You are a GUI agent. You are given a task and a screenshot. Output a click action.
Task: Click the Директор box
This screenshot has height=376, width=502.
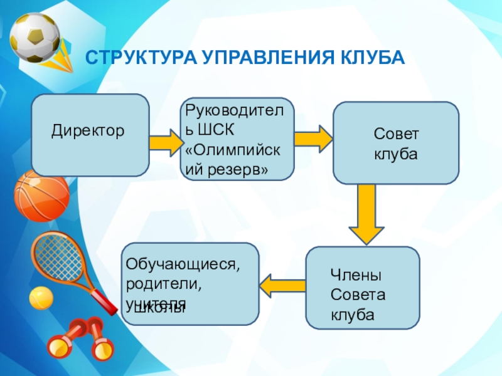pos(90,135)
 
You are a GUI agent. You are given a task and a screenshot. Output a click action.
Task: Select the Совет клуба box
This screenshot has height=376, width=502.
pos(395,143)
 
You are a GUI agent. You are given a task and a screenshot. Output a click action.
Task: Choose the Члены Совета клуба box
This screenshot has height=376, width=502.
pos(363,288)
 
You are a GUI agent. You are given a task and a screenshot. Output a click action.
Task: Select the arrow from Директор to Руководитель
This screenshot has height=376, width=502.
pos(165,142)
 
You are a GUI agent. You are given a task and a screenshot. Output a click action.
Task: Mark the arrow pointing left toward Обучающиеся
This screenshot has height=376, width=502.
pos(282,286)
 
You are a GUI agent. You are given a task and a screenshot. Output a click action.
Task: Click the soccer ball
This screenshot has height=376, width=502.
pos(35,37)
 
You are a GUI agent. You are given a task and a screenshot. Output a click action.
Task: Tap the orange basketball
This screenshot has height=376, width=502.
pos(41,195)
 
